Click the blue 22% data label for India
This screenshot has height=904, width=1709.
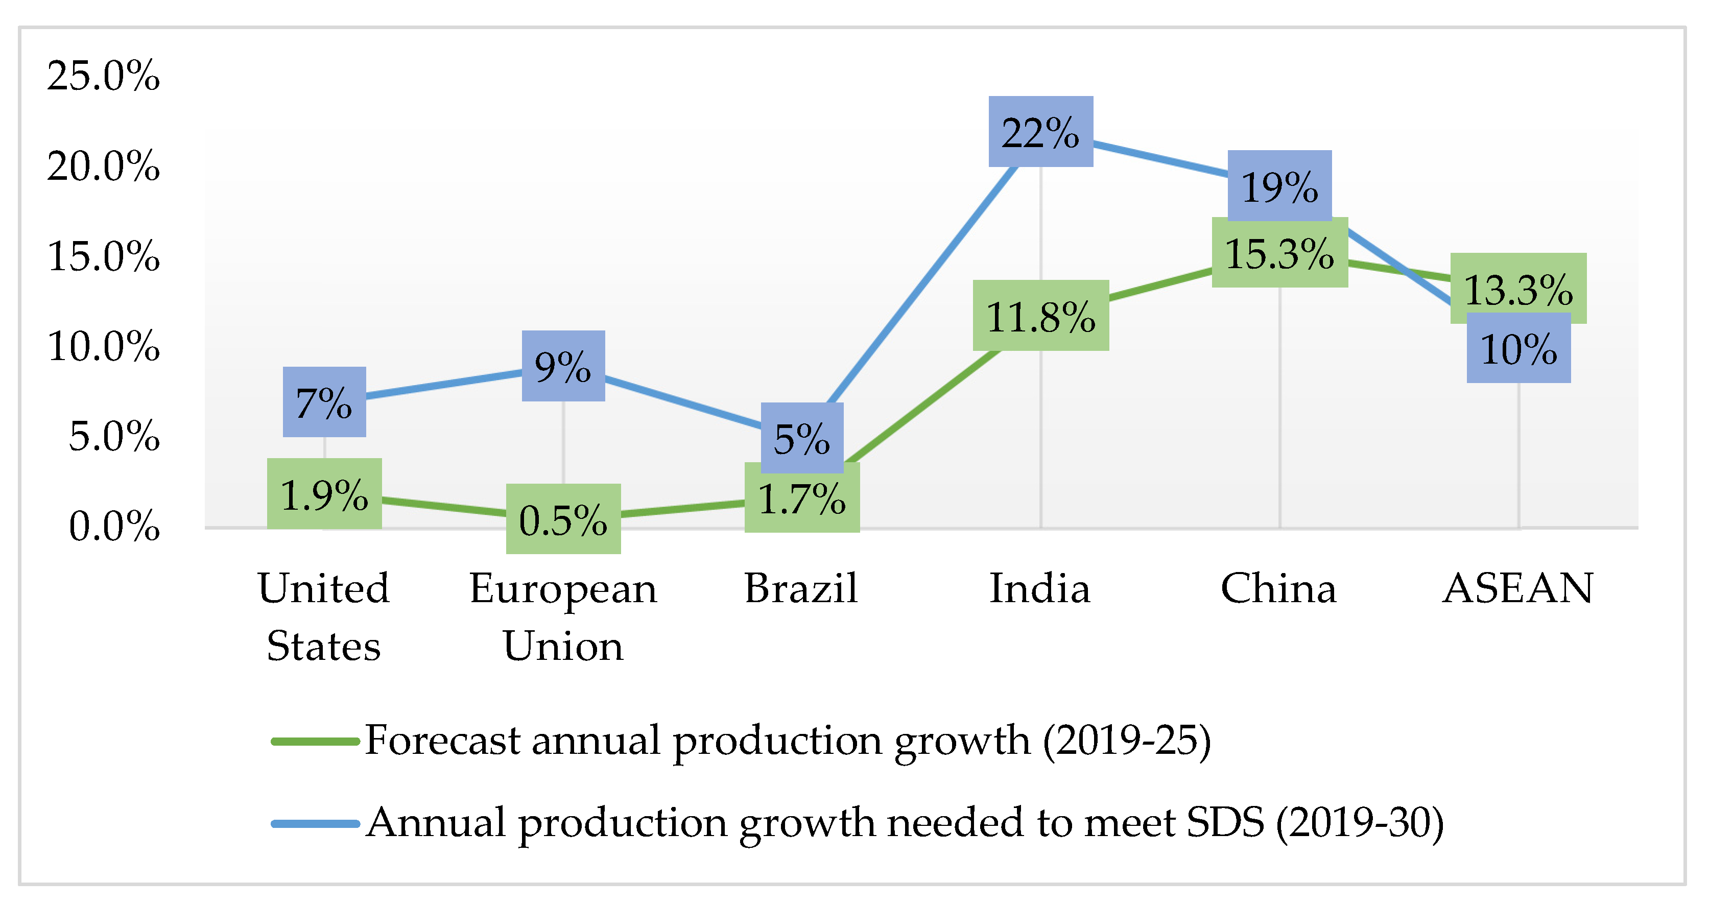pos(1040,131)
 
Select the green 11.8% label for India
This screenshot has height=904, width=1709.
pos(1040,316)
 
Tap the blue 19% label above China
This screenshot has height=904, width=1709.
pos(1279,186)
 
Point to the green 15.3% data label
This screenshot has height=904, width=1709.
pos(1279,253)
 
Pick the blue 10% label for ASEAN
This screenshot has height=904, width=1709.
pos(1518,348)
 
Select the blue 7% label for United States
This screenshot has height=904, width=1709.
pos(324,402)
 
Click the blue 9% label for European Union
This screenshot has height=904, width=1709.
pos(562,366)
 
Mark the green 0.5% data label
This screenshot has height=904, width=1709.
pos(562,519)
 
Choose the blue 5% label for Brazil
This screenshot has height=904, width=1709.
pos(801,438)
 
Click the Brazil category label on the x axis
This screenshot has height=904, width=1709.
pos(801,588)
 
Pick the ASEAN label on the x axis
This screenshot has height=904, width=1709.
pos(1518,588)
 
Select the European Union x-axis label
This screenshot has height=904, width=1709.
pos(562,617)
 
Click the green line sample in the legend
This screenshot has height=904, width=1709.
pos(315,742)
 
